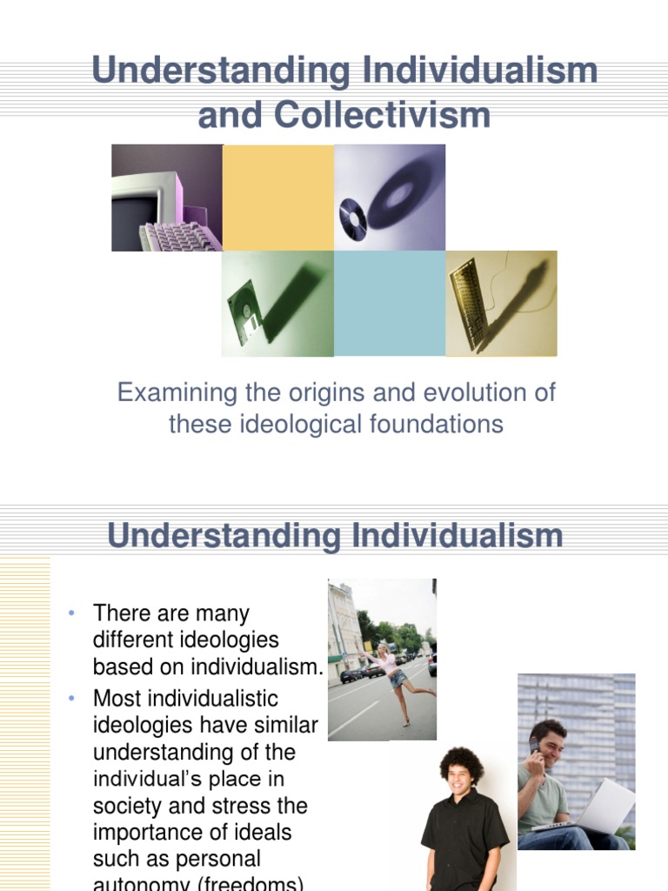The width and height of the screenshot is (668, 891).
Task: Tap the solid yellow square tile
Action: pos(278,198)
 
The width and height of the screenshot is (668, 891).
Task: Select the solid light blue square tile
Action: pos(390,304)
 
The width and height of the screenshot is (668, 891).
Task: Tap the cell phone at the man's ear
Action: pos(534,746)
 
